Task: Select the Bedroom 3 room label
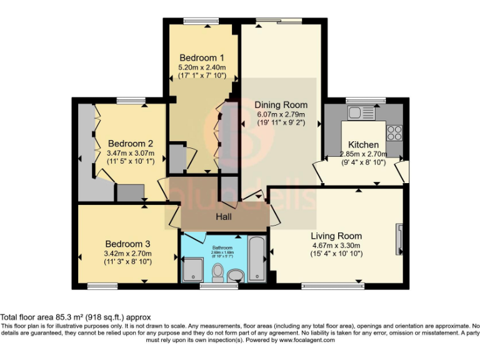127,244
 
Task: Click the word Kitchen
363,144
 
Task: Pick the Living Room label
336,236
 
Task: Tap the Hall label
224,216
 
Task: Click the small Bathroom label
222,247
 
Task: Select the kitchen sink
359,113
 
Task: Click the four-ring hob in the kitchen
394,132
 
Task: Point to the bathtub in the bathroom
257,259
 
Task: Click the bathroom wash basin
236,275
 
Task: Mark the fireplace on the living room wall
399,239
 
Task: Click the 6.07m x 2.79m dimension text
281,114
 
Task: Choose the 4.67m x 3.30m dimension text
336,246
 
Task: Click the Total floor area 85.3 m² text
76,317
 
